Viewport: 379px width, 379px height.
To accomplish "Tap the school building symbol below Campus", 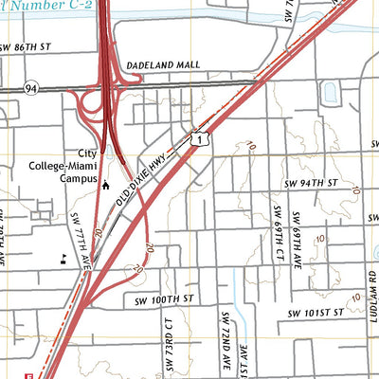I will tap(106, 187).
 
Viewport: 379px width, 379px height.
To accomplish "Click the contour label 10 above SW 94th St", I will tap(251, 145).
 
